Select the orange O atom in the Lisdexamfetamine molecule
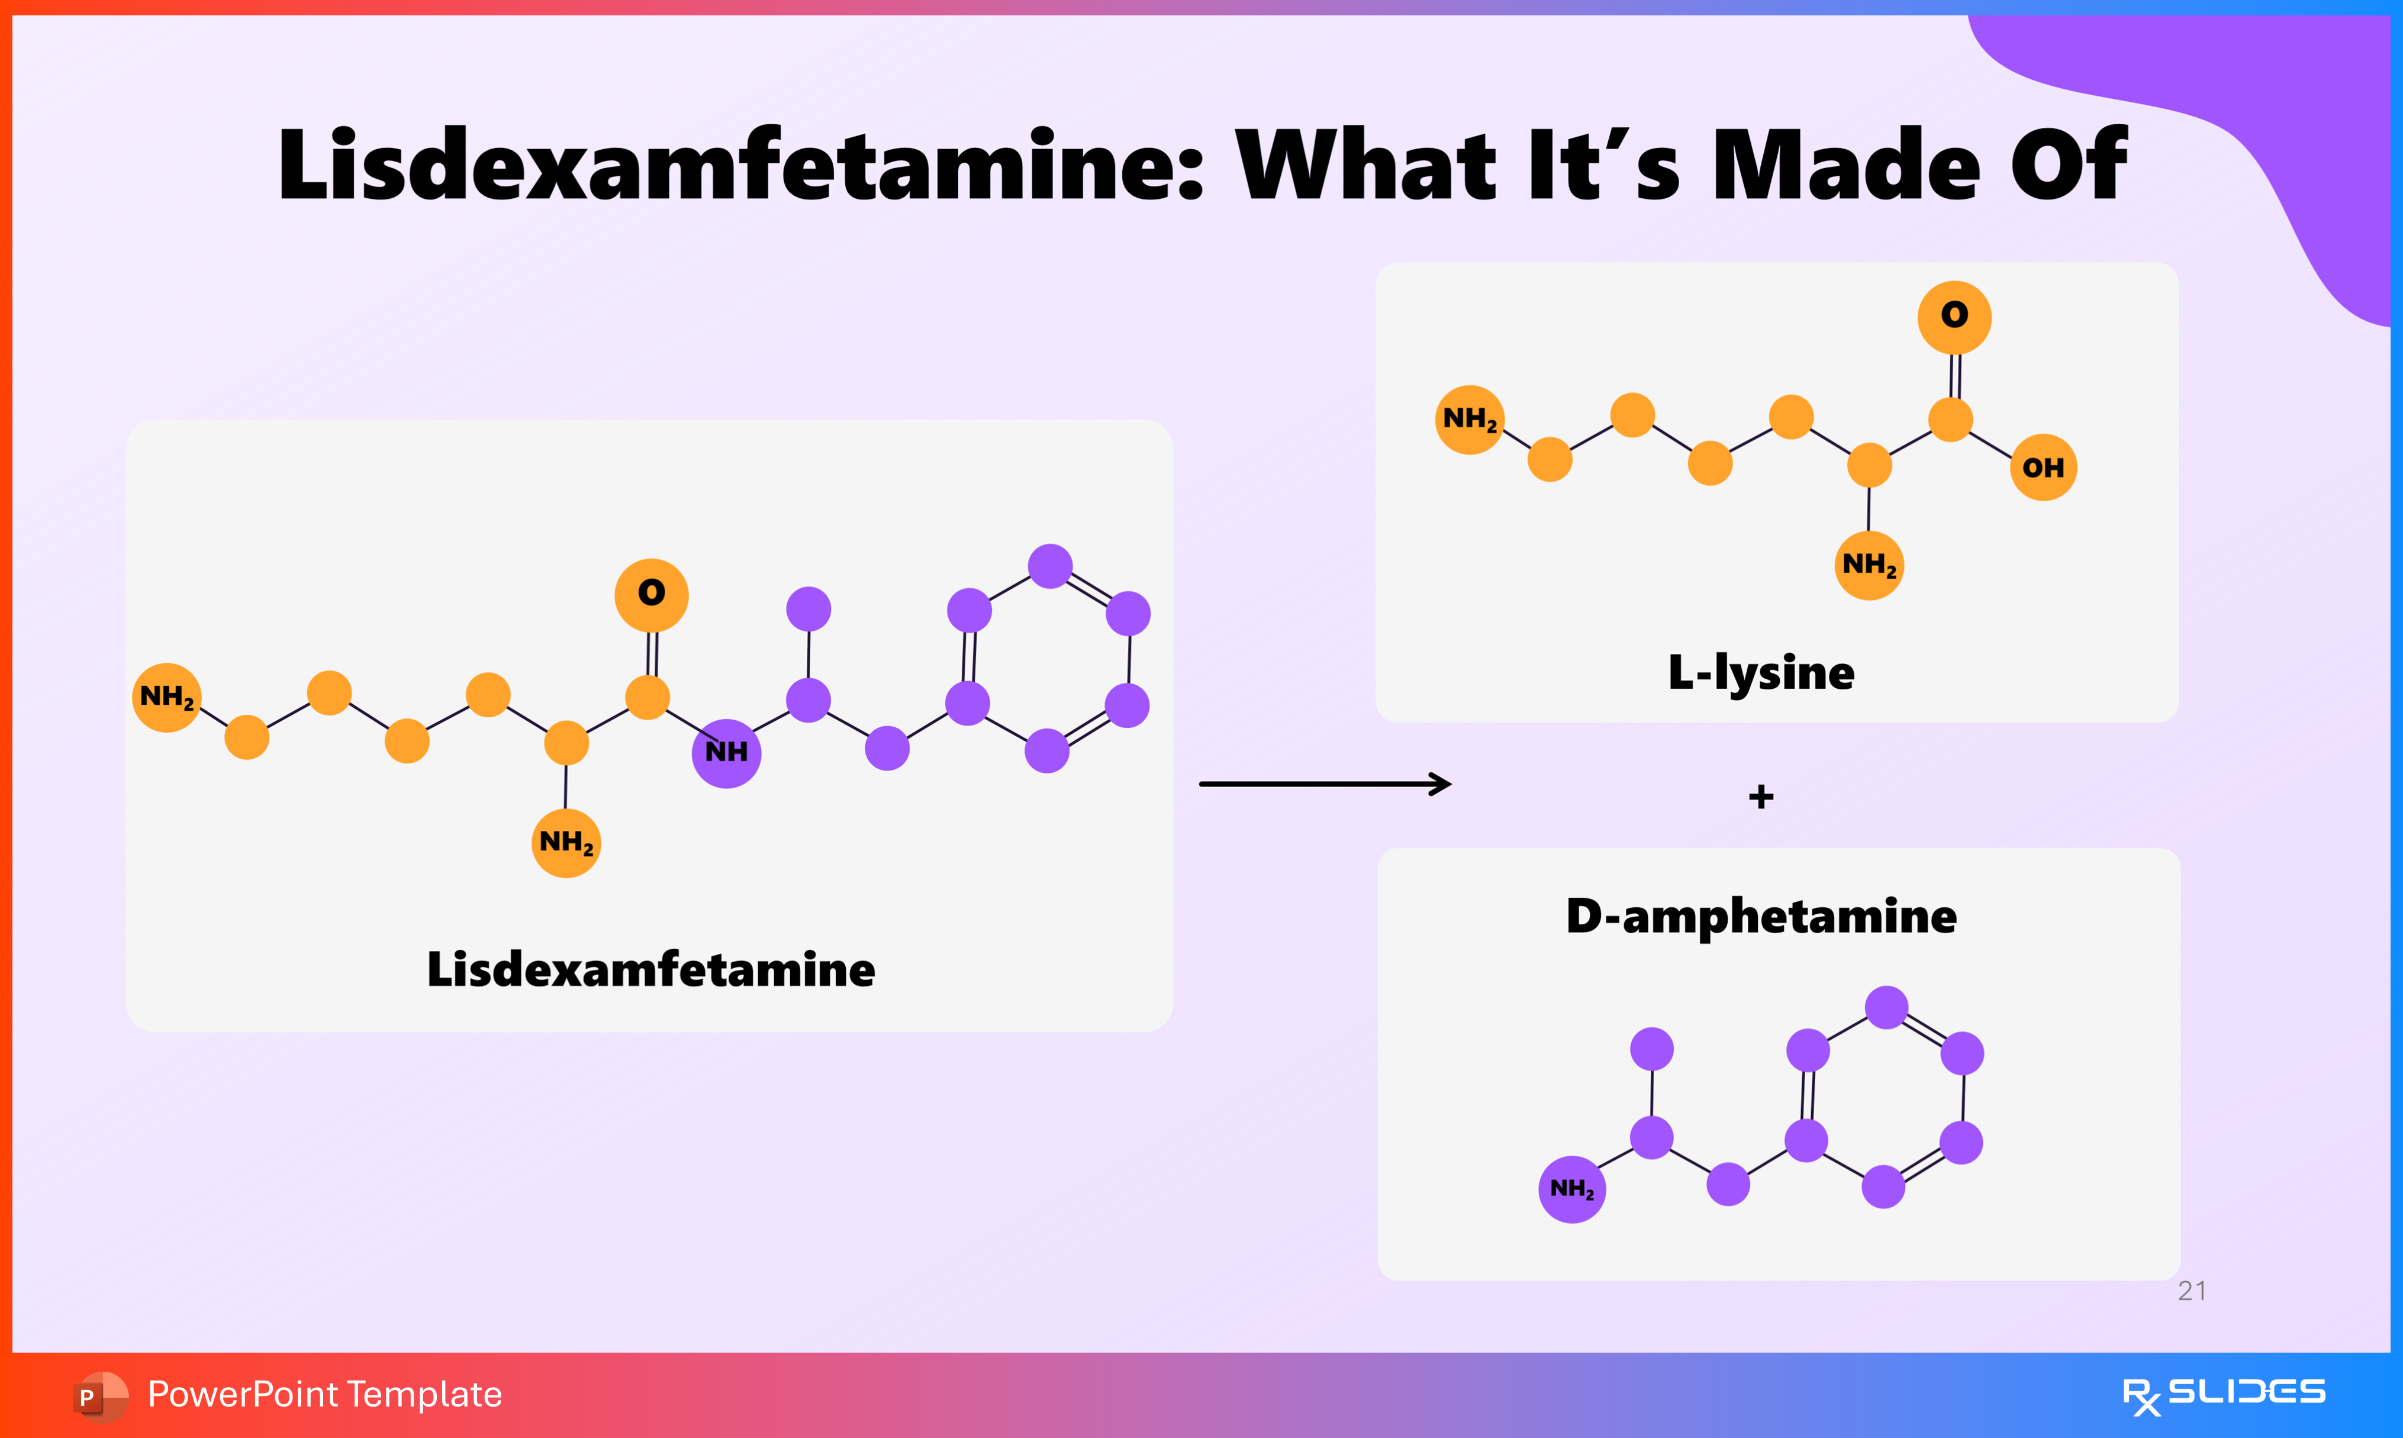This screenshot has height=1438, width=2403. click(651, 594)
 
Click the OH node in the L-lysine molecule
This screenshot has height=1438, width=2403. click(2043, 468)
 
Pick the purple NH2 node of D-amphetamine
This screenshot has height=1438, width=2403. click(1571, 1189)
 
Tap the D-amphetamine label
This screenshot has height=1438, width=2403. click(1761, 917)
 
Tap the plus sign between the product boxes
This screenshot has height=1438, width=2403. click(1761, 798)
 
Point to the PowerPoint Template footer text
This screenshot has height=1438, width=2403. click(324, 1394)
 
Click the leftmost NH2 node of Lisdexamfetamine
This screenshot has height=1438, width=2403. click(167, 698)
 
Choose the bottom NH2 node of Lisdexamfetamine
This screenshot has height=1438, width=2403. click(566, 843)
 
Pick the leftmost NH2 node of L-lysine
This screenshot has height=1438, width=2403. click(1469, 420)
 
